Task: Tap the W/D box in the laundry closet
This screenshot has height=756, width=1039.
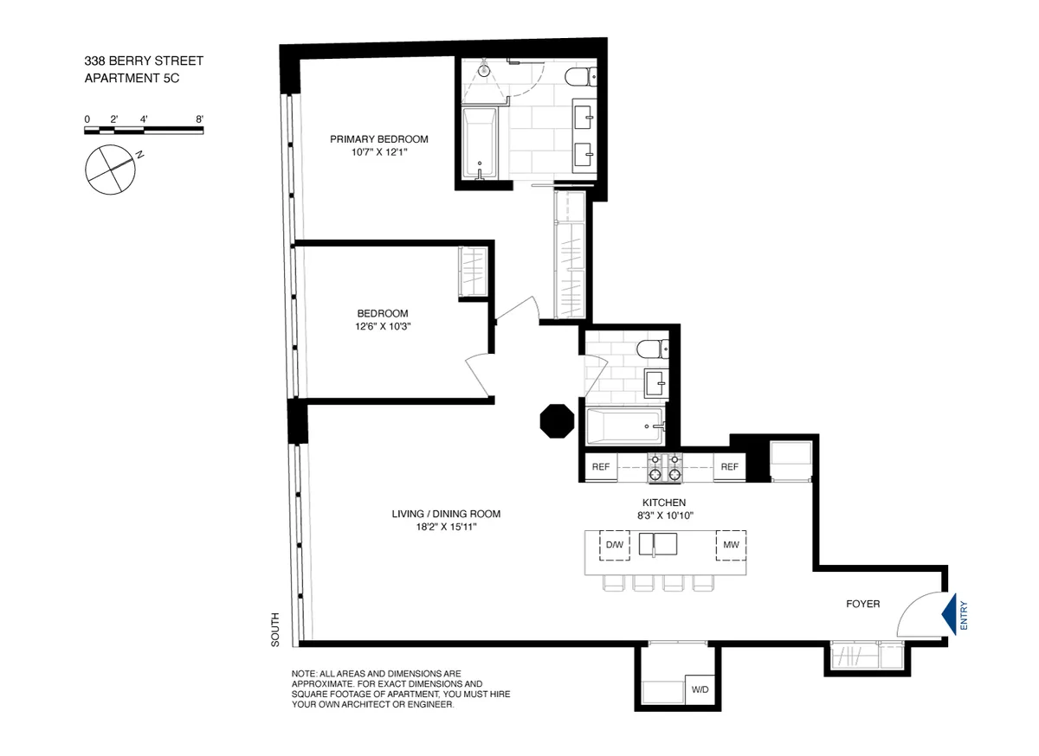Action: click(698, 689)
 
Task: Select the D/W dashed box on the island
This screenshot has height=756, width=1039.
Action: click(614, 545)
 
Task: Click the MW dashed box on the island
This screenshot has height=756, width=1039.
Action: click(730, 545)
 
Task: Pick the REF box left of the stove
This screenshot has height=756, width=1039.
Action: click(601, 468)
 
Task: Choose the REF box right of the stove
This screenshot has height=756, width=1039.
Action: click(729, 468)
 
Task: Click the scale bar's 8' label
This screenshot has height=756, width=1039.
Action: click(199, 119)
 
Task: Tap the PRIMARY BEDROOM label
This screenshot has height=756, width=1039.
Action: click(379, 139)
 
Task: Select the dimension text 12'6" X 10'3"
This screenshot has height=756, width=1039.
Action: click(382, 326)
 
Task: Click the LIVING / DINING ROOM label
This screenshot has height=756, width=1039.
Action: click(446, 514)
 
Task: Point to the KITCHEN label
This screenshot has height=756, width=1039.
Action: click(664, 503)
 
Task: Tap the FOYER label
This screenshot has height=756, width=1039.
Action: click(862, 604)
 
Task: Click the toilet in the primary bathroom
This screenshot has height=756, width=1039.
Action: click(578, 79)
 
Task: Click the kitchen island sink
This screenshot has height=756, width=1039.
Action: click(658, 544)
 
